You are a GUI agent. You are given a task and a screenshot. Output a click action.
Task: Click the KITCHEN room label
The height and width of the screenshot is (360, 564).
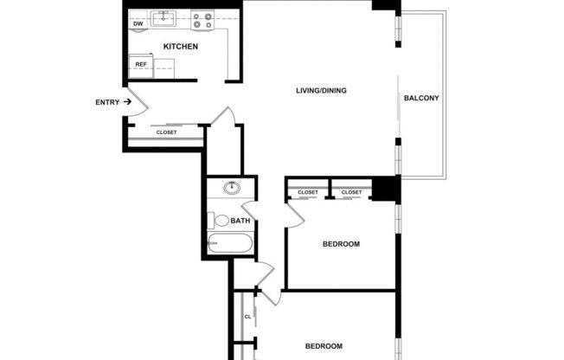point(181,46)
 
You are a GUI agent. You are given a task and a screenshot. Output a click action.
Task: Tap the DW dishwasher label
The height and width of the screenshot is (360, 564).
point(138,23)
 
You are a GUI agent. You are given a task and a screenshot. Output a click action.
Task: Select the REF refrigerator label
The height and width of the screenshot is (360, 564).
point(140,63)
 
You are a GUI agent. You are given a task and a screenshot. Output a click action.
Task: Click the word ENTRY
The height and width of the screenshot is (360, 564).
point(107,102)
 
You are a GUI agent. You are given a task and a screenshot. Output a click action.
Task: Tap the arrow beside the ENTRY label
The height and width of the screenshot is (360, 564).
point(127,102)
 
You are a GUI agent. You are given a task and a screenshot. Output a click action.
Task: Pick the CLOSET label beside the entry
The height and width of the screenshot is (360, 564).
point(166,132)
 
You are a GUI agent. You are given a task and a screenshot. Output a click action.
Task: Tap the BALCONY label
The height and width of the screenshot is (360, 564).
point(422,98)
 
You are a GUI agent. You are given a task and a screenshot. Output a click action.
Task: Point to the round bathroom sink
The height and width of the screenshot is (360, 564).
point(231,188)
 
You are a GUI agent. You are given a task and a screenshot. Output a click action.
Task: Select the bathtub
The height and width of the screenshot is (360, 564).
point(229,245)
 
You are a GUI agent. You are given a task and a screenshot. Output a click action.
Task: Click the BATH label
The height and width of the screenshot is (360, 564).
point(240,221)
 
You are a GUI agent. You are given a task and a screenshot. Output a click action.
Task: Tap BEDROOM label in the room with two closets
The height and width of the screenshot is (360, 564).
point(341,244)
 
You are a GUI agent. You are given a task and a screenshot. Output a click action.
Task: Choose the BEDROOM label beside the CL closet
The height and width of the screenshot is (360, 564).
point(324,344)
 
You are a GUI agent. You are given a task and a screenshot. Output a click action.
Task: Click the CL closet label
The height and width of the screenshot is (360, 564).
point(247,317)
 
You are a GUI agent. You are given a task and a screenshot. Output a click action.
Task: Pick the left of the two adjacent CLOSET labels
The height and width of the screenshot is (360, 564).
point(308,192)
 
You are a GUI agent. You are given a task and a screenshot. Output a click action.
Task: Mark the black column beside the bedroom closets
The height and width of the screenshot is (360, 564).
point(384,188)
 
